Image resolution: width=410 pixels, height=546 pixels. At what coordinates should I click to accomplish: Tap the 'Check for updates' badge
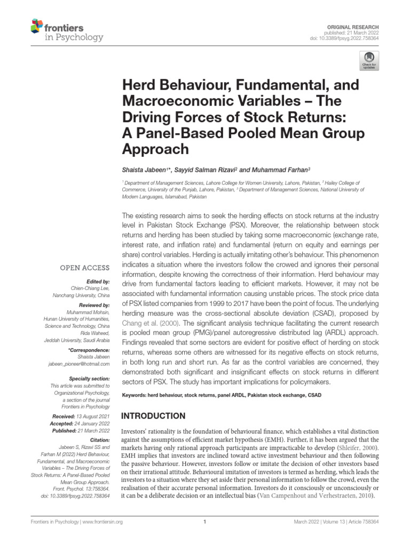[x=368, y=61]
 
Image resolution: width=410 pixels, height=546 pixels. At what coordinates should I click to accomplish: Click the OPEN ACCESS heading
[x=84, y=268]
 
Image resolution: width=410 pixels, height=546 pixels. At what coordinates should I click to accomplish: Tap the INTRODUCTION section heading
[x=154, y=415]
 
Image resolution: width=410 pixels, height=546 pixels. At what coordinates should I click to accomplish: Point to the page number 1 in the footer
[x=205, y=522]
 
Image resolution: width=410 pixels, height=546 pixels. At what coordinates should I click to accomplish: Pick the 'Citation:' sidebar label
[x=98, y=440]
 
